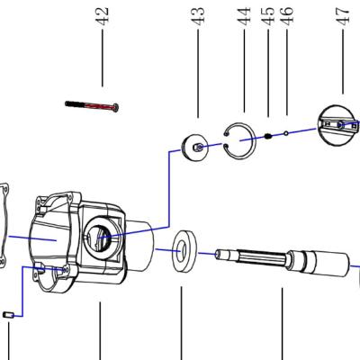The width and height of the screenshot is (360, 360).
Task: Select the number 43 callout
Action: coord(198,16)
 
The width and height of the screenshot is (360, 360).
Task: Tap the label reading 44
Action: coord(244,16)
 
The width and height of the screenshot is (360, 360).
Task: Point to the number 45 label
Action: coord(267,16)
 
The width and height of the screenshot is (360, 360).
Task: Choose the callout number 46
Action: coord(286,16)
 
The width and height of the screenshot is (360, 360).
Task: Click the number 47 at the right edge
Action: coord(342,16)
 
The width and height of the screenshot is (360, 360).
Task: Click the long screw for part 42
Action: coord(94,105)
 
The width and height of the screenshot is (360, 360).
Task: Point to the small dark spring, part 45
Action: coord(267,136)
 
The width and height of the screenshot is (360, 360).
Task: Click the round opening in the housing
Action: coord(99,238)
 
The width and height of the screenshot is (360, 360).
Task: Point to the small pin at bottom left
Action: coord(7,314)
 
